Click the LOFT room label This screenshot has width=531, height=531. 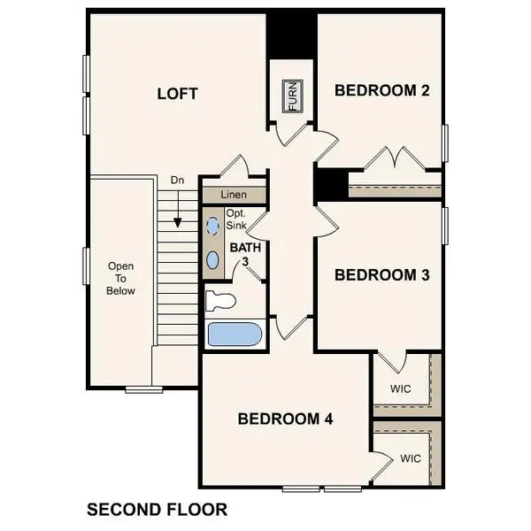177,93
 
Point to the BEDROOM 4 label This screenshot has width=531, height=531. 285,419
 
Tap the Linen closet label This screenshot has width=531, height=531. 235,194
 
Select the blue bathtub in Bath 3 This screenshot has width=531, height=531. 231,335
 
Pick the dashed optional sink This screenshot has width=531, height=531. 212,227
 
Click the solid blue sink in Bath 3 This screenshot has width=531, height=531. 212,259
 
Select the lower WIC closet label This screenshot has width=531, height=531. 410,458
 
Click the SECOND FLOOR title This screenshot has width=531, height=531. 157,509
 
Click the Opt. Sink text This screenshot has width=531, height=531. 236,220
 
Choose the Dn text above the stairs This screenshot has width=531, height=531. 177,181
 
